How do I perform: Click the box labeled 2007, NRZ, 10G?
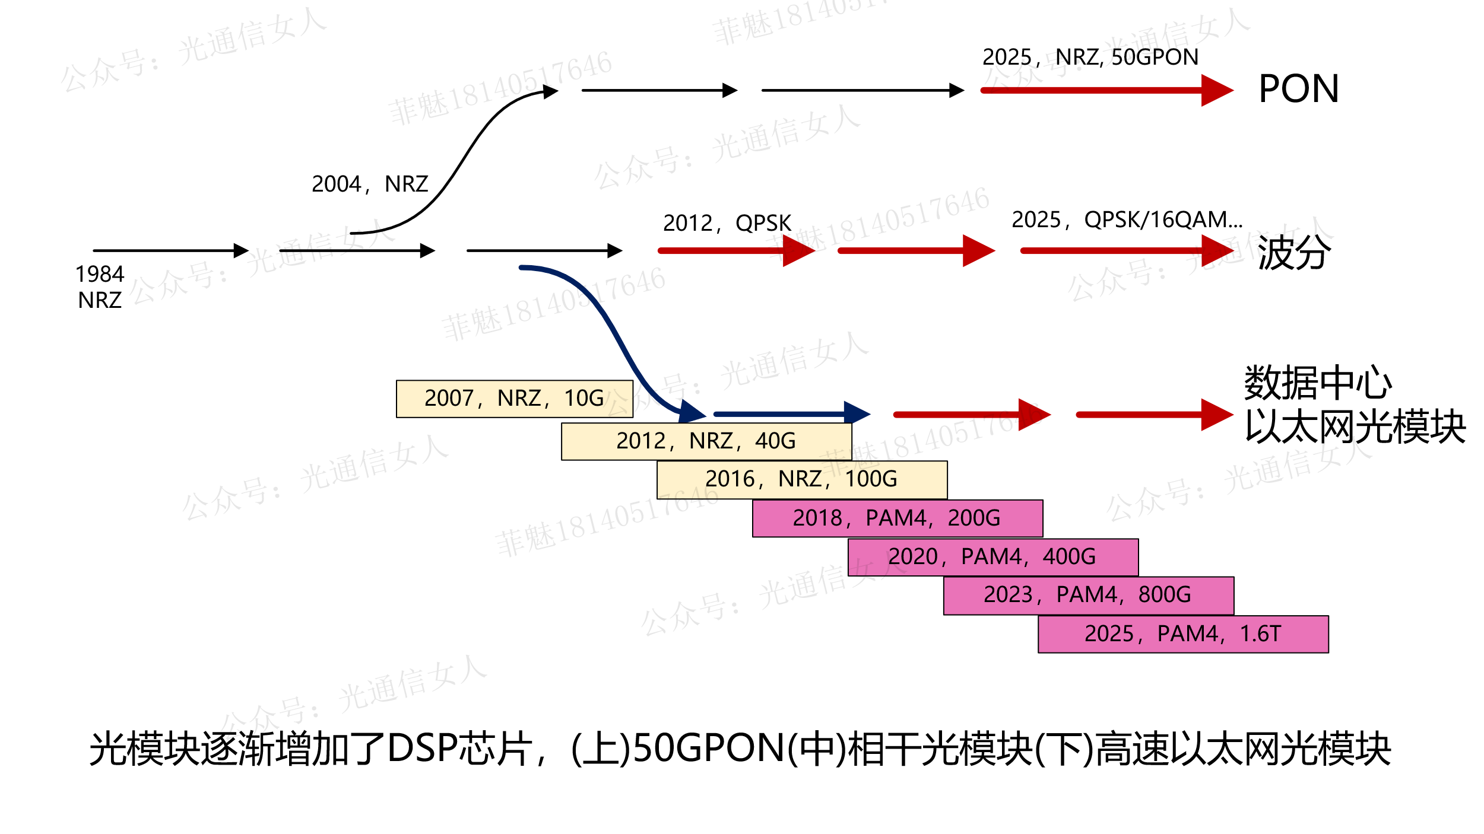click(x=514, y=399)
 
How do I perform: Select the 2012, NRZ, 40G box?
click(x=706, y=441)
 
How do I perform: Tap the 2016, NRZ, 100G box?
click(x=801, y=479)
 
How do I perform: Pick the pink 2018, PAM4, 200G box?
click(x=897, y=518)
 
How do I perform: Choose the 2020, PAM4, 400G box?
click(x=992, y=557)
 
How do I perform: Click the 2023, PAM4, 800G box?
click(x=1088, y=595)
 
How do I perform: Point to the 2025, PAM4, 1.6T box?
click(x=1183, y=634)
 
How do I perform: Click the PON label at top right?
click(x=1298, y=89)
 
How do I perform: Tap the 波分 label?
click(x=1294, y=253)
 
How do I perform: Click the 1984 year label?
click(x=100, y=274)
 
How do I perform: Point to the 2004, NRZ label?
click(x=370, y=184)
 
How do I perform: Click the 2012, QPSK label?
click(x=727, y=223)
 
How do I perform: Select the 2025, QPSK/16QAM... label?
click(x=1127, y=219)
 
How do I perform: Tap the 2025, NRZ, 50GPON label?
click(x=1090, y=57)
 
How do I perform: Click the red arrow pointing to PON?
click(x=1104, y=91)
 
